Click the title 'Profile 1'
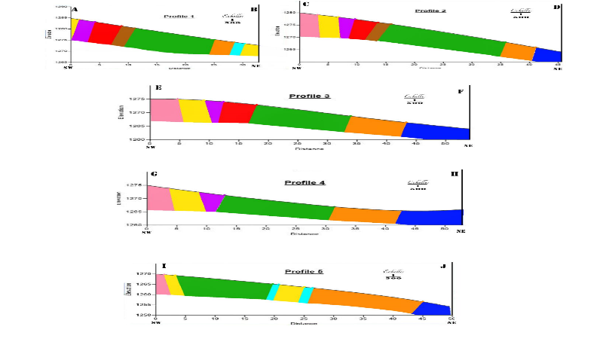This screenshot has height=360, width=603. pyautogui.click(x=179, y=15)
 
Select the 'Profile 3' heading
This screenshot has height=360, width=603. pyautogui.click(x=310, y=96)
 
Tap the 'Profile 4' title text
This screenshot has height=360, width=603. pyautogui.click(x=305, y=182)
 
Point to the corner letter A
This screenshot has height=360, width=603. pyautogui.click(x=75, y=10)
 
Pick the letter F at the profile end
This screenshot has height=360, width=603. pyautogui.click(x=461, y=91)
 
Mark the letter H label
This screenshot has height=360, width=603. pyautogui.click(x=455, y=174)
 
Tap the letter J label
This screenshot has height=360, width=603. pyautogui.click(x=442, y=265)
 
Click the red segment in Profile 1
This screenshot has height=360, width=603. pyautogui.click(x=105, y=33)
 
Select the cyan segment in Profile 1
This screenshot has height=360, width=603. pyautogui.click(x=236, y=49)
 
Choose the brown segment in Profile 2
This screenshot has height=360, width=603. pyautogui.click(x=381, y=32)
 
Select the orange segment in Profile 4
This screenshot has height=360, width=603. pyautogui.click(x=365, y=215)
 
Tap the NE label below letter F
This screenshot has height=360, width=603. pyautogui.click(x=467, y=145)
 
